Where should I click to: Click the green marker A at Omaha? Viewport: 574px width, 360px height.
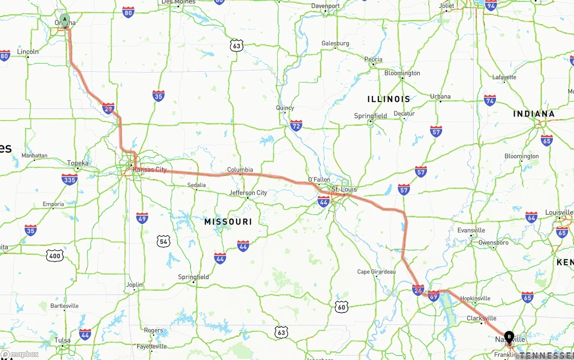pyautogui.click(x=65, y=20)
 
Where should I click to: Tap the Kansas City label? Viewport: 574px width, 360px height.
pyautogui.click(x=149, y=169)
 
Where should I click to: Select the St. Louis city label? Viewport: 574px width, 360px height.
pyautogui.click(x=344, y=189)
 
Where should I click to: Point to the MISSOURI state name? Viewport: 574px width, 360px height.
pyautogui.click(x=228, y=221)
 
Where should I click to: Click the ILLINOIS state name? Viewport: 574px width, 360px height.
pyautogui.click(x=388, y=99)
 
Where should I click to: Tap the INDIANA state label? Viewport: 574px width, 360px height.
pyautogui.click(x=534, y=114)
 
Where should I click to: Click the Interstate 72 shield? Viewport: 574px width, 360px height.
pyautogui.click(x=296, y=125)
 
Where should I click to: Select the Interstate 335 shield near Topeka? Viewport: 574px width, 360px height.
pyautogui.click(x=70, y=179)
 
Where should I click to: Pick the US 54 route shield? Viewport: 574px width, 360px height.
pyautogui.click(x=164, y=242)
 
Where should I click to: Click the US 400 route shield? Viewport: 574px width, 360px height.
pyautogui.click(x=54, y=256)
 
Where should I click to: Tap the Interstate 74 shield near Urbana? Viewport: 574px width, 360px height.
pyautogui.click(x=490, y=100)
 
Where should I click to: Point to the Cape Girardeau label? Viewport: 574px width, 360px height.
pyautogui.click(x=376, y=272)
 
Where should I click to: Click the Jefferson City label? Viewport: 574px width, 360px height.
pyautogui.click(x=248, y=193)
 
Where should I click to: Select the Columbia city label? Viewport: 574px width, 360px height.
pyautogui.click(x=240, y=169)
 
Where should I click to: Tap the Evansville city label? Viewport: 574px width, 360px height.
pyautogui.click(x=471, y=230)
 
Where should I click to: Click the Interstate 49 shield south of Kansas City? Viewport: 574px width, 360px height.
pyautogui.click(x=142, y=218)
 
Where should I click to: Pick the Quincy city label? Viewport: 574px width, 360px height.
pyautogui.click(x=285, y=108)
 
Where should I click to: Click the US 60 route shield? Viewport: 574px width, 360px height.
pyautogui.click(x=342, y=307)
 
